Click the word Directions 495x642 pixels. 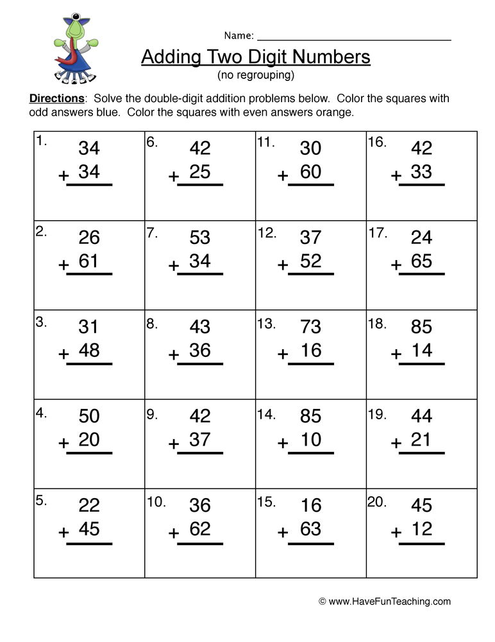pyautogui.click(x=56, y=99)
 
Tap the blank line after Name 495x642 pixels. pyautogui.click(x=354, y=37)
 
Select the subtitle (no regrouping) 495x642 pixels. pyautogui.click(x=256, y=75)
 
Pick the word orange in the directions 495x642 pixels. pyautogui.click(x=337, y=112)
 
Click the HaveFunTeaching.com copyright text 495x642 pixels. pyautogui.click(x=385, y=602)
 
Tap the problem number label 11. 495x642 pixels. pyautogui.click(x=265, y=143)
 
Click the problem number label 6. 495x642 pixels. pyautogui.click(x=152, y=143)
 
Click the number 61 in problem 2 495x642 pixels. pyautogui.click(x=89, y=261)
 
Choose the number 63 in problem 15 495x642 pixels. pyautogui.click(x=310, y=528)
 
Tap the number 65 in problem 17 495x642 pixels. pyautogui.click(x=421, y=261)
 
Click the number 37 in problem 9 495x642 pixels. pyautogui.click(x=200, y=439)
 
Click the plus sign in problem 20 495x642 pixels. pyautogui.click(x=397, y=532)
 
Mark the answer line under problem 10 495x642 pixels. pyautogui.click(x=200, y=544)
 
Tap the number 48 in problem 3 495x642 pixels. pyautogui.click(x=89, y=350)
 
